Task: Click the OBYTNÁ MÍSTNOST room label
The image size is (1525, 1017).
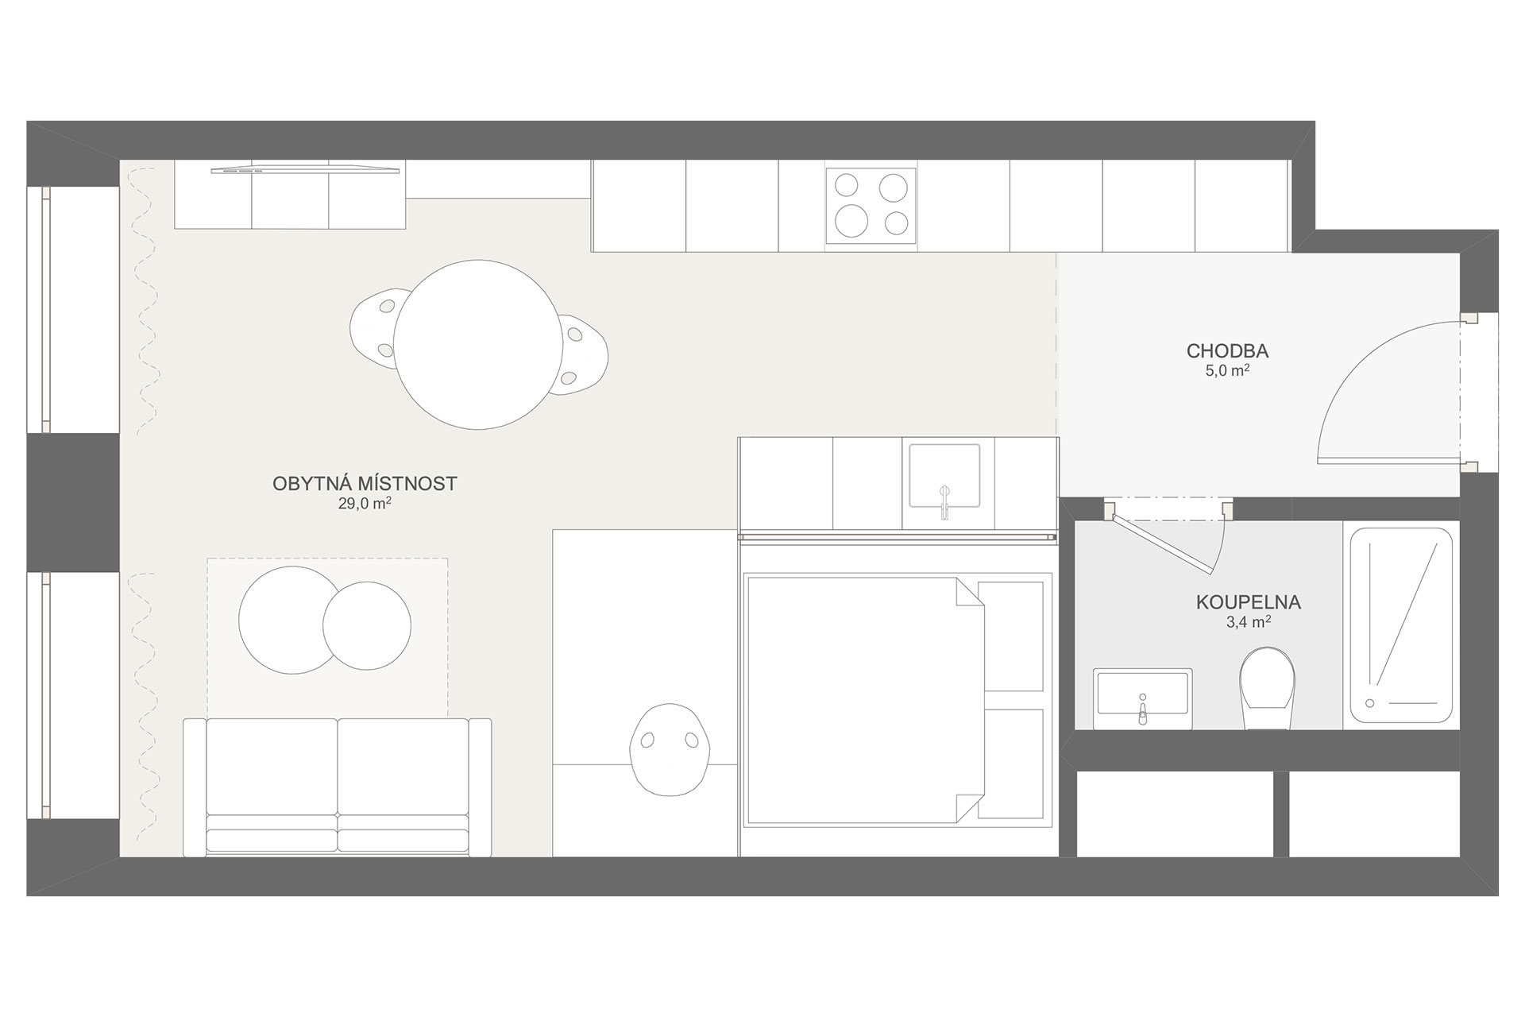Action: (365, 484)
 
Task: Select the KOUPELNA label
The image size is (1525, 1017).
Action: (1249, 602)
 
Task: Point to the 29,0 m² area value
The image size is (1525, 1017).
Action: (365, 504)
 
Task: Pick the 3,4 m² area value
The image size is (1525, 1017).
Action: (1249, 622)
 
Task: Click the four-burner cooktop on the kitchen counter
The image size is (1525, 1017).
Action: (871, 206)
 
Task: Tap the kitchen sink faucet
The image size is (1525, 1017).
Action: (944, 501)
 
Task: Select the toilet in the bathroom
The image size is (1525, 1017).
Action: (1267, 688)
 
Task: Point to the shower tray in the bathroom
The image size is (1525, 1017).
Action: (1401, 626)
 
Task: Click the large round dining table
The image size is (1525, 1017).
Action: (473, 344)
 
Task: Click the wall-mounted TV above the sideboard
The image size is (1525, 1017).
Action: (306, 169)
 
